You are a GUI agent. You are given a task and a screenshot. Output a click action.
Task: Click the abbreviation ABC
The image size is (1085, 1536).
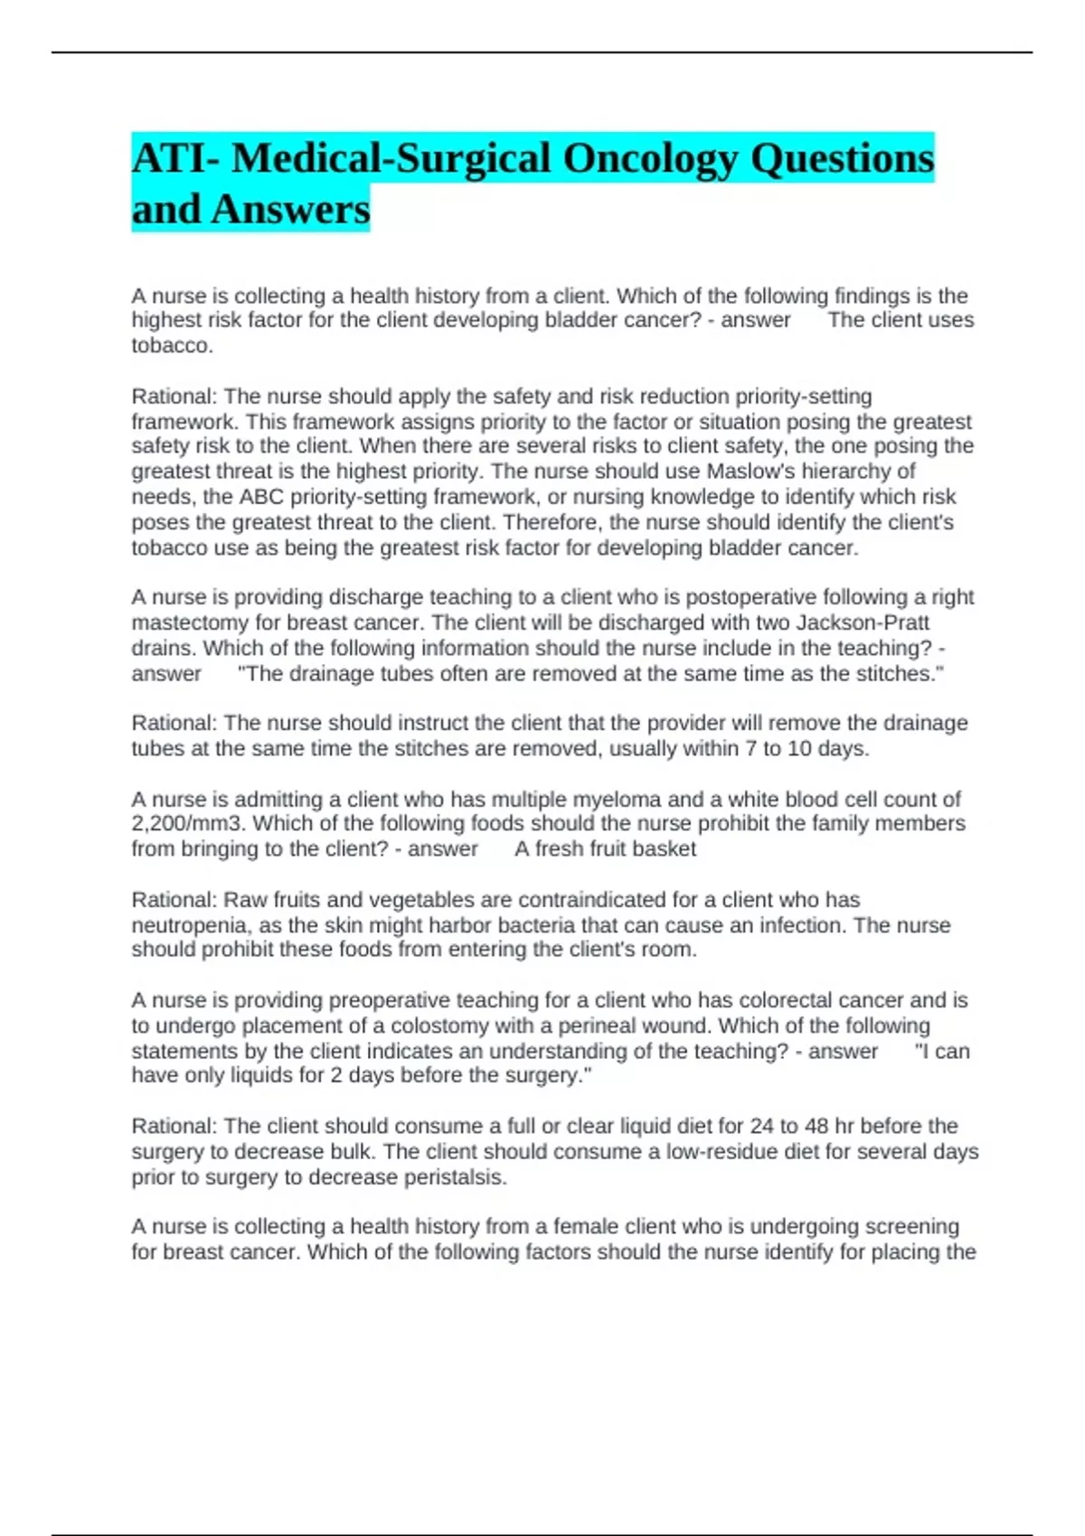click(261, 497)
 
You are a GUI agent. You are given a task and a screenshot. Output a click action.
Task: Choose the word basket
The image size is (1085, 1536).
click(665, 849)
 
